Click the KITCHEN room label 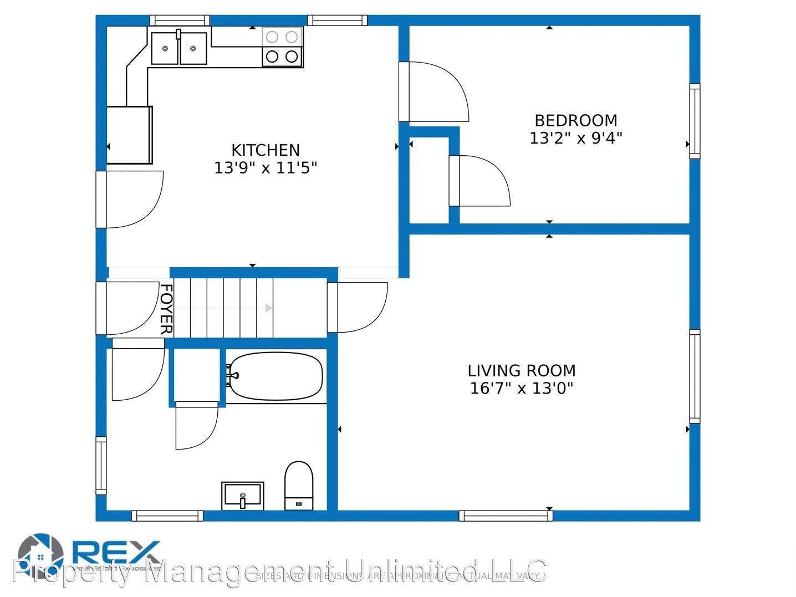(x=265, y=150)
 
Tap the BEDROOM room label (x=575, y=120)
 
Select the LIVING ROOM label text (x=521, y=370)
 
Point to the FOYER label (x=166, y=309)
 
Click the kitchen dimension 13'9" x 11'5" (x=265, y=167)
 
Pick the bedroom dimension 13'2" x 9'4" (x=575, y=138)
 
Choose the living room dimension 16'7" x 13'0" (x=521, y=388)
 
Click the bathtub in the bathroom (x=275, y=376)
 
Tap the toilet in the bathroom (x=298, y=486)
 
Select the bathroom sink (x=242, y=495)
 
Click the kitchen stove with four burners (x=282, y=47)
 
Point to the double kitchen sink (x=179, y=48)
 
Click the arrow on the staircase (x=268, y=308)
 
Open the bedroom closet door (x=480, y=181)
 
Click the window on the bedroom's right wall (x=694, y=121)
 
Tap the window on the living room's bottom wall (x=506, y=516)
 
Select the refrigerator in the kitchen (x=129, y=135)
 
